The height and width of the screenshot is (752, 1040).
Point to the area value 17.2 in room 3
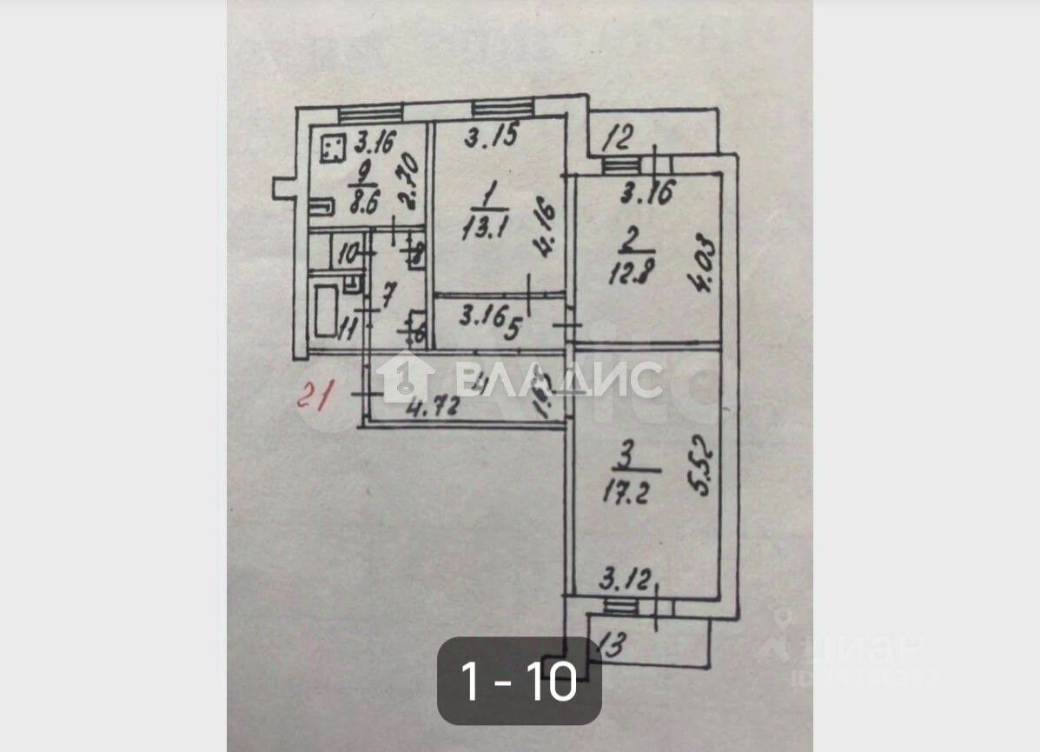click(625, 492)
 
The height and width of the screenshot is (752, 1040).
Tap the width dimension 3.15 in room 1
click(491, 137)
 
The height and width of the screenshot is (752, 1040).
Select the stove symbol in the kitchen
click(331, 149)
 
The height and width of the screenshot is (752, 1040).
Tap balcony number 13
click(612, 646)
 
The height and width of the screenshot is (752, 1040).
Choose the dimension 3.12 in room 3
click(626, 578)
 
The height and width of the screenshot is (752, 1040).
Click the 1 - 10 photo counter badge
click(519, 682)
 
